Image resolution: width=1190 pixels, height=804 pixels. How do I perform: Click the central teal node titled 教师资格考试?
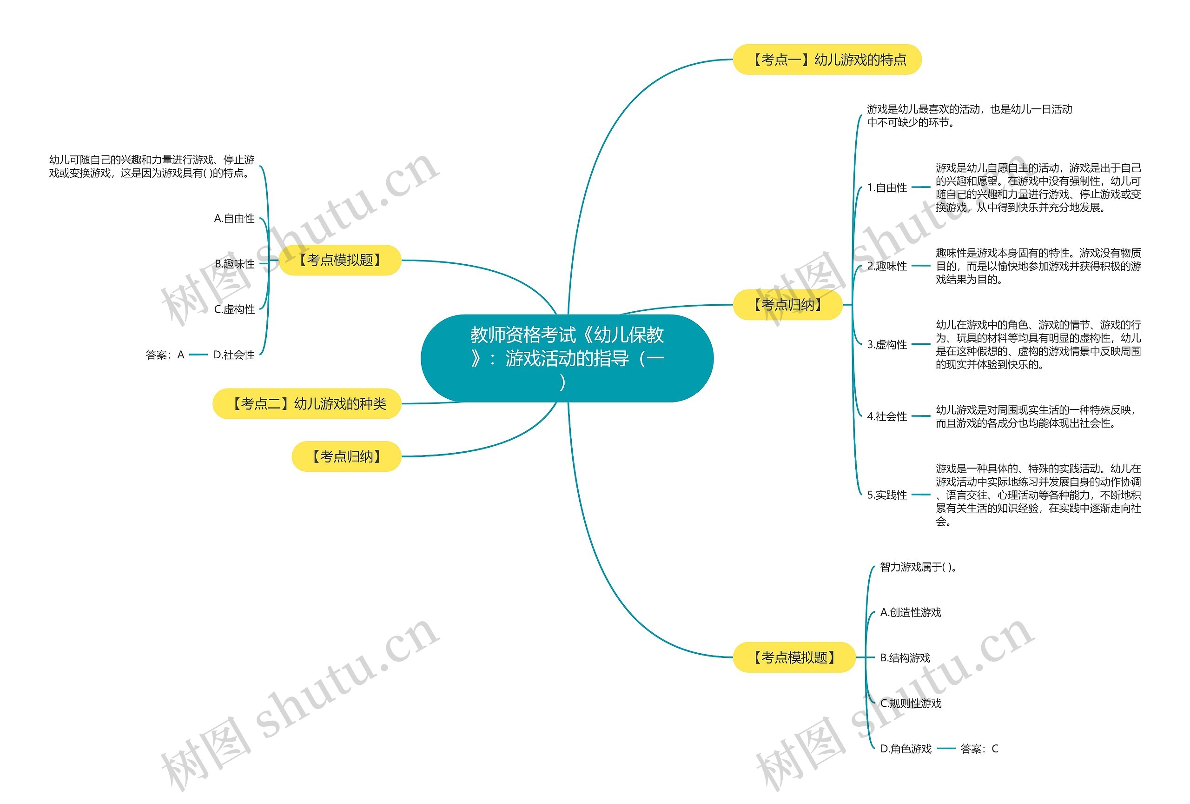pyautogui.click(x=566, y=358)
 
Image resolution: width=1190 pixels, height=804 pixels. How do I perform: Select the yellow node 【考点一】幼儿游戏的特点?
pyautogui.click(x=827, y=60)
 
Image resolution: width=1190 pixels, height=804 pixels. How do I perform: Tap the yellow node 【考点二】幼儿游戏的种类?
pyautogui.click(x=307, y=404)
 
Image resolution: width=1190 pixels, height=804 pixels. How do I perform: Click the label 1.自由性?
pyautogui.click(x=887, y=188)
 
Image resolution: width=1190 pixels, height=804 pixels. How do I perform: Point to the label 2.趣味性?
pyautogui.click(x=887, y=266)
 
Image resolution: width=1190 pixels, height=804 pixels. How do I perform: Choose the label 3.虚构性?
pyautogui.click(x=887, y=344)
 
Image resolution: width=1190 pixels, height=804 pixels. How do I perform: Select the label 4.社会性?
pyautogui.click(x=887, y=416)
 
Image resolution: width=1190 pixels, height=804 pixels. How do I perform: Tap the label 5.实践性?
pyautogui.click(x=887, y=495)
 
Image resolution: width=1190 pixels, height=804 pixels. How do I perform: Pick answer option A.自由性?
pyautogui.click(x=234, y=218)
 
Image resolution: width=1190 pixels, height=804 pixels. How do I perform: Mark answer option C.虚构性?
pyautogui.click(x=234, y=309)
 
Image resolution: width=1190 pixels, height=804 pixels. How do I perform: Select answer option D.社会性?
pyautogui.click(x=233, y=355)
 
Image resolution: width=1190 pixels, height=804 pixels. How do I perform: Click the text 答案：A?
pyautogui.click(x=165, y=355)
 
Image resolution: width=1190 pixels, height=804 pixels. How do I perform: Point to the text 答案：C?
pyautogui.click(x=979, y=749)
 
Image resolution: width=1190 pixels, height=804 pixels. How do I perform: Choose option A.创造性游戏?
pyautogui.click(x=911, y=612)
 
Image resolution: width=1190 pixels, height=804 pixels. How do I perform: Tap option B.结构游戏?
pyautogui.click(x=905, y=658)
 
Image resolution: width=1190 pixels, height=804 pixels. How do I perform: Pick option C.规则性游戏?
pyautogui.click(x=911, y=703)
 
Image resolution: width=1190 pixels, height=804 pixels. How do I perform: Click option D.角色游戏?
pyautogui.click(x=906, y=749)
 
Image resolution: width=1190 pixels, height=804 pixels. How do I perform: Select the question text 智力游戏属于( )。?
pyautogui.click(x=919, y=567)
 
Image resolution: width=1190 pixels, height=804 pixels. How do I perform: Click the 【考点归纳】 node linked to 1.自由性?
pyautogui.click(x=787, y=305)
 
